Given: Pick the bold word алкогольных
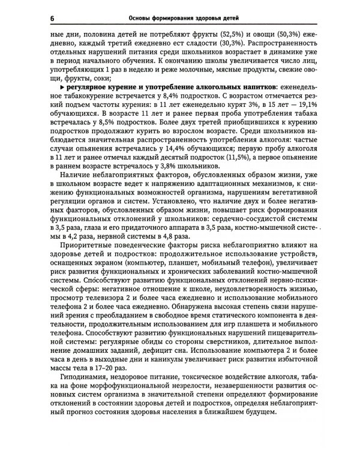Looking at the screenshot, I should click(222, 88).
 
